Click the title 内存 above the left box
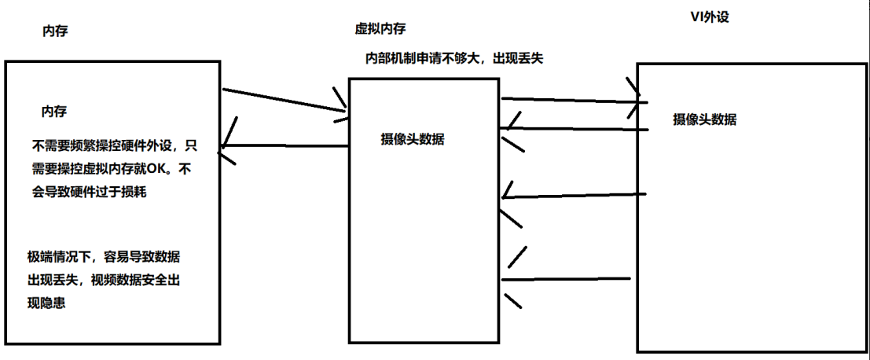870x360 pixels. pyautogui.click(x=55, y=32)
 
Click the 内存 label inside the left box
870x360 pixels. pyautogui.click(x=53, y=111)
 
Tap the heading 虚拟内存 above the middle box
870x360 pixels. pyautogui.click(x=380, y=29)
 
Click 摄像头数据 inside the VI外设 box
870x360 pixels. pyautogui.click(x=704, y=119)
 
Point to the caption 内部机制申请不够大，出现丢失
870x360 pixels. pyautogui.click(x=455, y=58)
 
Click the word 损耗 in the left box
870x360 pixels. pyautogui.click(x=134, y=192)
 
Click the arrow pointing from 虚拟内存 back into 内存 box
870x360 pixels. pyautogui.click(x=284, y=145)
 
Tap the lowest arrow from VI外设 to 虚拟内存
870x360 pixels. pyautogui.click(x=566, y=278)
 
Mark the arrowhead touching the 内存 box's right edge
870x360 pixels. pyautogui.click(x=227, y=146)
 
